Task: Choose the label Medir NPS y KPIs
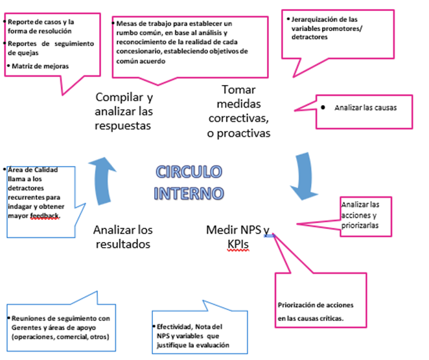[236, 236]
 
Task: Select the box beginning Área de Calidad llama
[39, 193]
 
